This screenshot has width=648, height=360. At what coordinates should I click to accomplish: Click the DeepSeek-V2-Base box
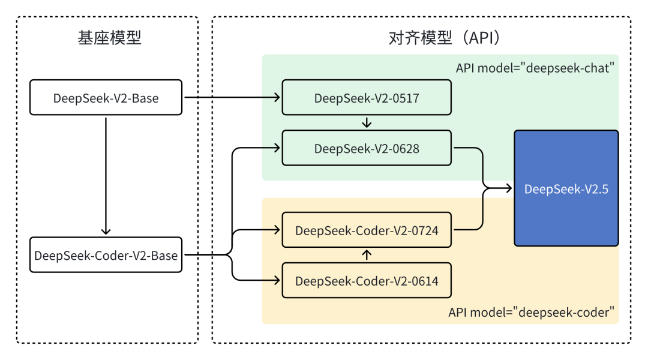coord(106,97)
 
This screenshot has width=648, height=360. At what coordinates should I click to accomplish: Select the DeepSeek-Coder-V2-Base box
coord(106,255)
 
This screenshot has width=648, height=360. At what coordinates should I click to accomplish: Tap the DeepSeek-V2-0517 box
coord(366,97)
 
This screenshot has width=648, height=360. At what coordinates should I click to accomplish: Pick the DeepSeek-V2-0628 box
coord(366,148)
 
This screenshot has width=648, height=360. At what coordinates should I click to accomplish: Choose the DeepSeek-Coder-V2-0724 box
coord(366,230)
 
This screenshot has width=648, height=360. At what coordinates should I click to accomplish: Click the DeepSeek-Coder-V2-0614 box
coord(366,280)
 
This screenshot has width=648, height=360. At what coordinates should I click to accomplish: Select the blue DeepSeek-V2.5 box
coord(566,188)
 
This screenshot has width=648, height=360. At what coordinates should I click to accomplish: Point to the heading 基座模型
coord(109,38)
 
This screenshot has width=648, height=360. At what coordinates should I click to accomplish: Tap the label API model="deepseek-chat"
coord(536,67)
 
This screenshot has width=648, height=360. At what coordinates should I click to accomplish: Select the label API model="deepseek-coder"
coord(532,312)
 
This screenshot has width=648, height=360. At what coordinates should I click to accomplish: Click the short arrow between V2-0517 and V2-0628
coord(367,122)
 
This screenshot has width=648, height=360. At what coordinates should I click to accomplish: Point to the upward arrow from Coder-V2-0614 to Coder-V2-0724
coord(367,255)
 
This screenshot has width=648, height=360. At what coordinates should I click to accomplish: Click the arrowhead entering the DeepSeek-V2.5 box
coord(509,188)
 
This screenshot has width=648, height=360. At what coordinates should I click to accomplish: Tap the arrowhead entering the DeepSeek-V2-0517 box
coord(277,97)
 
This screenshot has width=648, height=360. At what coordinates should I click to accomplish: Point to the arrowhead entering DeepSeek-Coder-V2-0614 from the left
coord(277,280)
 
